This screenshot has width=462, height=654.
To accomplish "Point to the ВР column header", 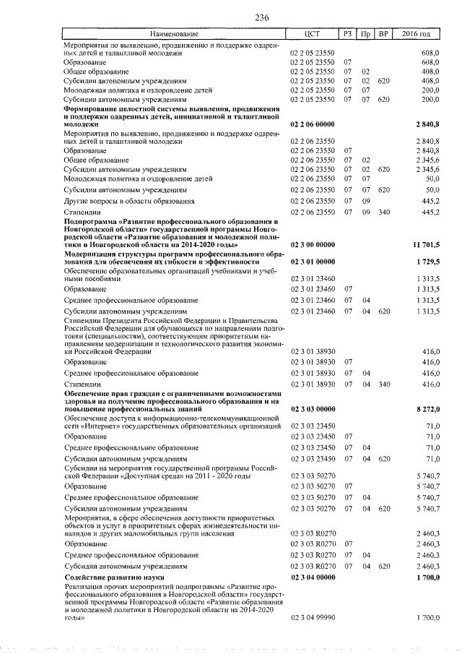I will (383, 35).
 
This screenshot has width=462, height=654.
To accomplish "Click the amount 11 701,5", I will (426, 246).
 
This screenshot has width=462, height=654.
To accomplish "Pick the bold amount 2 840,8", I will (427, 125).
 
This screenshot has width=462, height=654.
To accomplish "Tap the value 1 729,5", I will (427, 262).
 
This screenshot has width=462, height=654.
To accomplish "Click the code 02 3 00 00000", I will (313, 246).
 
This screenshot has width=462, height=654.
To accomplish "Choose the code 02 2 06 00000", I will (313, 125).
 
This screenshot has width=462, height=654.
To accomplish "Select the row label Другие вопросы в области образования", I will (128, 201).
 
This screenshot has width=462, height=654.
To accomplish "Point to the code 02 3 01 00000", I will (313, 262).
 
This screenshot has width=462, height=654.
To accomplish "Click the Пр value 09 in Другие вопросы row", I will (365, 201).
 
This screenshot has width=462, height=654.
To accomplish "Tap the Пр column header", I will (365, 35).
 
